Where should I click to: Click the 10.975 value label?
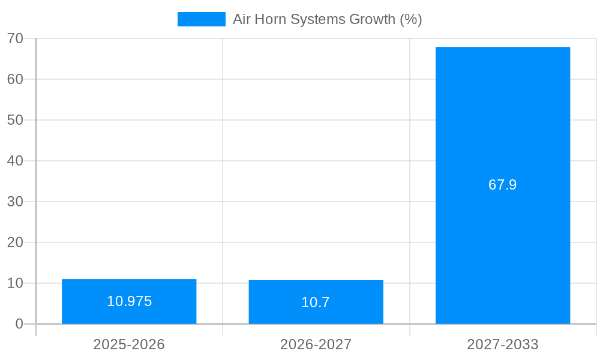point(129,301)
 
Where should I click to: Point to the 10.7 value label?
point(316,302)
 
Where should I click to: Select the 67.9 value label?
point(503,185)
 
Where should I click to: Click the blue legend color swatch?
point(202,19)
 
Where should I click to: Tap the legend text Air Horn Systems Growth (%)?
point(328,19)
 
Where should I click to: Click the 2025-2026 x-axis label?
point(129,345)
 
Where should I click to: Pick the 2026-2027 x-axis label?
point(316,345)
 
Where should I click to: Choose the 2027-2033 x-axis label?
point(503,345)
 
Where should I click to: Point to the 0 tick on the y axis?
point(19,324)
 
